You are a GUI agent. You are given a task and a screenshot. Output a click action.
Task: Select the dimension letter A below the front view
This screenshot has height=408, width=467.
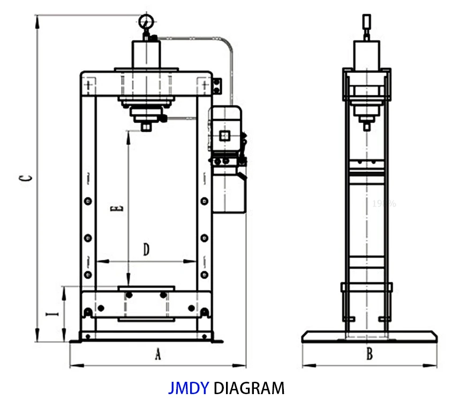(157, 354)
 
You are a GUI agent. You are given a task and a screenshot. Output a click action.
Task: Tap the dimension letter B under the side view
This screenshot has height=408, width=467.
(369, 353)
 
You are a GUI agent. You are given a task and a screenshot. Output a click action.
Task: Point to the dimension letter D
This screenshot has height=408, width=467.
(146, 249)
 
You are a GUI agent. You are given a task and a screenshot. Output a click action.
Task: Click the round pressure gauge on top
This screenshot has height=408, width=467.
(145, 22)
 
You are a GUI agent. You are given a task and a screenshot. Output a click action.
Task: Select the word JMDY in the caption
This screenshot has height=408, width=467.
(188, 388)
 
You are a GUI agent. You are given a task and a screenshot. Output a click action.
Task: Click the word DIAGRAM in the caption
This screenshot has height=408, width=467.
(249, 388)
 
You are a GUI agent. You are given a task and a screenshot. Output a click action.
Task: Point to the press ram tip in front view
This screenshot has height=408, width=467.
(146, 127)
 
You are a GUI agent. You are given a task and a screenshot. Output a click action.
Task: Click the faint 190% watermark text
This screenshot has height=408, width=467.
(384, 203)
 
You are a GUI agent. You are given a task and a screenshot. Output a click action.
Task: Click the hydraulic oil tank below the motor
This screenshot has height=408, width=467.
(231, 190)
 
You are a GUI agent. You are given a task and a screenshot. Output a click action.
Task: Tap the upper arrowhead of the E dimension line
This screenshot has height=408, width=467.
(128, 135)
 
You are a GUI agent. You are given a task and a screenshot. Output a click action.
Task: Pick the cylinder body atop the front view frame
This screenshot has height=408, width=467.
(146, 54)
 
